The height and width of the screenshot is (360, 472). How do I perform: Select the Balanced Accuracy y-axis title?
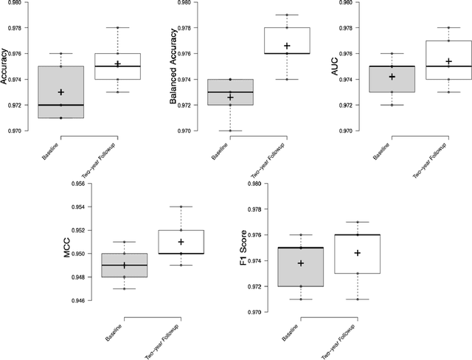173,68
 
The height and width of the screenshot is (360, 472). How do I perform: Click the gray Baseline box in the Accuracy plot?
60,92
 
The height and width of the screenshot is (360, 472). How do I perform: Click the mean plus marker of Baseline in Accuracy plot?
60,92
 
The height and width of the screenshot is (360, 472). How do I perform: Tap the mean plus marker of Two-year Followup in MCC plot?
181,242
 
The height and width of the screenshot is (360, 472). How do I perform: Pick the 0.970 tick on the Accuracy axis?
14,131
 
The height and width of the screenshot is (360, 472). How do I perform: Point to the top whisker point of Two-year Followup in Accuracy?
117,28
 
